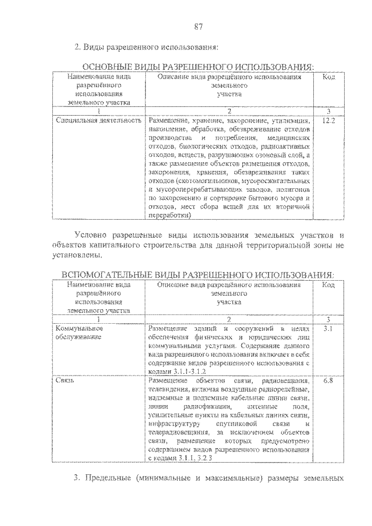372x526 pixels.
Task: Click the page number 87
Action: click(x=198, y=26)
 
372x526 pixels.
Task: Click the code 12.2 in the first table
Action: click(x=328, y=120)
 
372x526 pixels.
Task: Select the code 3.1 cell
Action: click(x=328, y=329)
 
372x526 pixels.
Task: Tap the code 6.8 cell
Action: click(x=328, y=381)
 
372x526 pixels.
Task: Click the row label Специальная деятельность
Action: click(x=99, y=120)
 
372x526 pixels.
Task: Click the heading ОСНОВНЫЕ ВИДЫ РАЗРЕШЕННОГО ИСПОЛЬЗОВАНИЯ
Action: click(x=198, y=67)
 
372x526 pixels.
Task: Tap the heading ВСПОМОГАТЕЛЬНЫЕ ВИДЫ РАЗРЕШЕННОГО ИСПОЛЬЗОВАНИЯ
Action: click(x=198, y=274)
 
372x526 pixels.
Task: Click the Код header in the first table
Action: click(x=328, y=77)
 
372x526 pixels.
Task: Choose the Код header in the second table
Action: click(x=328, y=285)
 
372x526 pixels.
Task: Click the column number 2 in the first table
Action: click(x=230, y=111)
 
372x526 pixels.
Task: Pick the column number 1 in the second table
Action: click(x=99, y=319)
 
